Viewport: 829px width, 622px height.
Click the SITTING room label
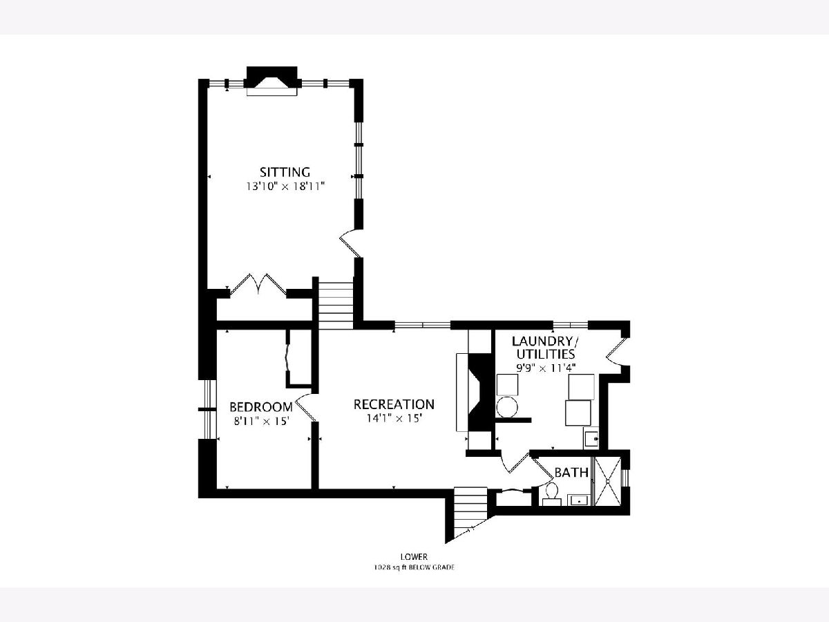point(285,172)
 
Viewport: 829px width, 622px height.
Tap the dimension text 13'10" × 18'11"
point(286,187)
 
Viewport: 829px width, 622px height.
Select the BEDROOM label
point(261,407)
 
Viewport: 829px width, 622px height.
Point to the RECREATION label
point(394,404)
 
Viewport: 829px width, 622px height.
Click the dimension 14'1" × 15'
point(394,418)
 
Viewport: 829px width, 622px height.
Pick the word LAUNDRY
point(542,341)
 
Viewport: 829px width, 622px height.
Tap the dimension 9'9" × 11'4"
point(546,368)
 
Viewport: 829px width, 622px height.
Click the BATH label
point(571,473)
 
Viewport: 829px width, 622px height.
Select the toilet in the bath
point(552,494)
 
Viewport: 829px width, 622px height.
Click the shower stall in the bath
point(607,481)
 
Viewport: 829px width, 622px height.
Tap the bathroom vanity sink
point(578,500)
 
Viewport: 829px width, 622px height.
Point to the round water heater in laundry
point(507,407)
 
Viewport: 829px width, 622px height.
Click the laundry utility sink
point(591,438)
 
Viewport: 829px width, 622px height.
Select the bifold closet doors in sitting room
point(258,283)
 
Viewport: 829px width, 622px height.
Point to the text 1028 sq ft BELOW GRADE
point(414,567)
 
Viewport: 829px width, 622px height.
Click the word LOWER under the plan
point(414,556)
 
